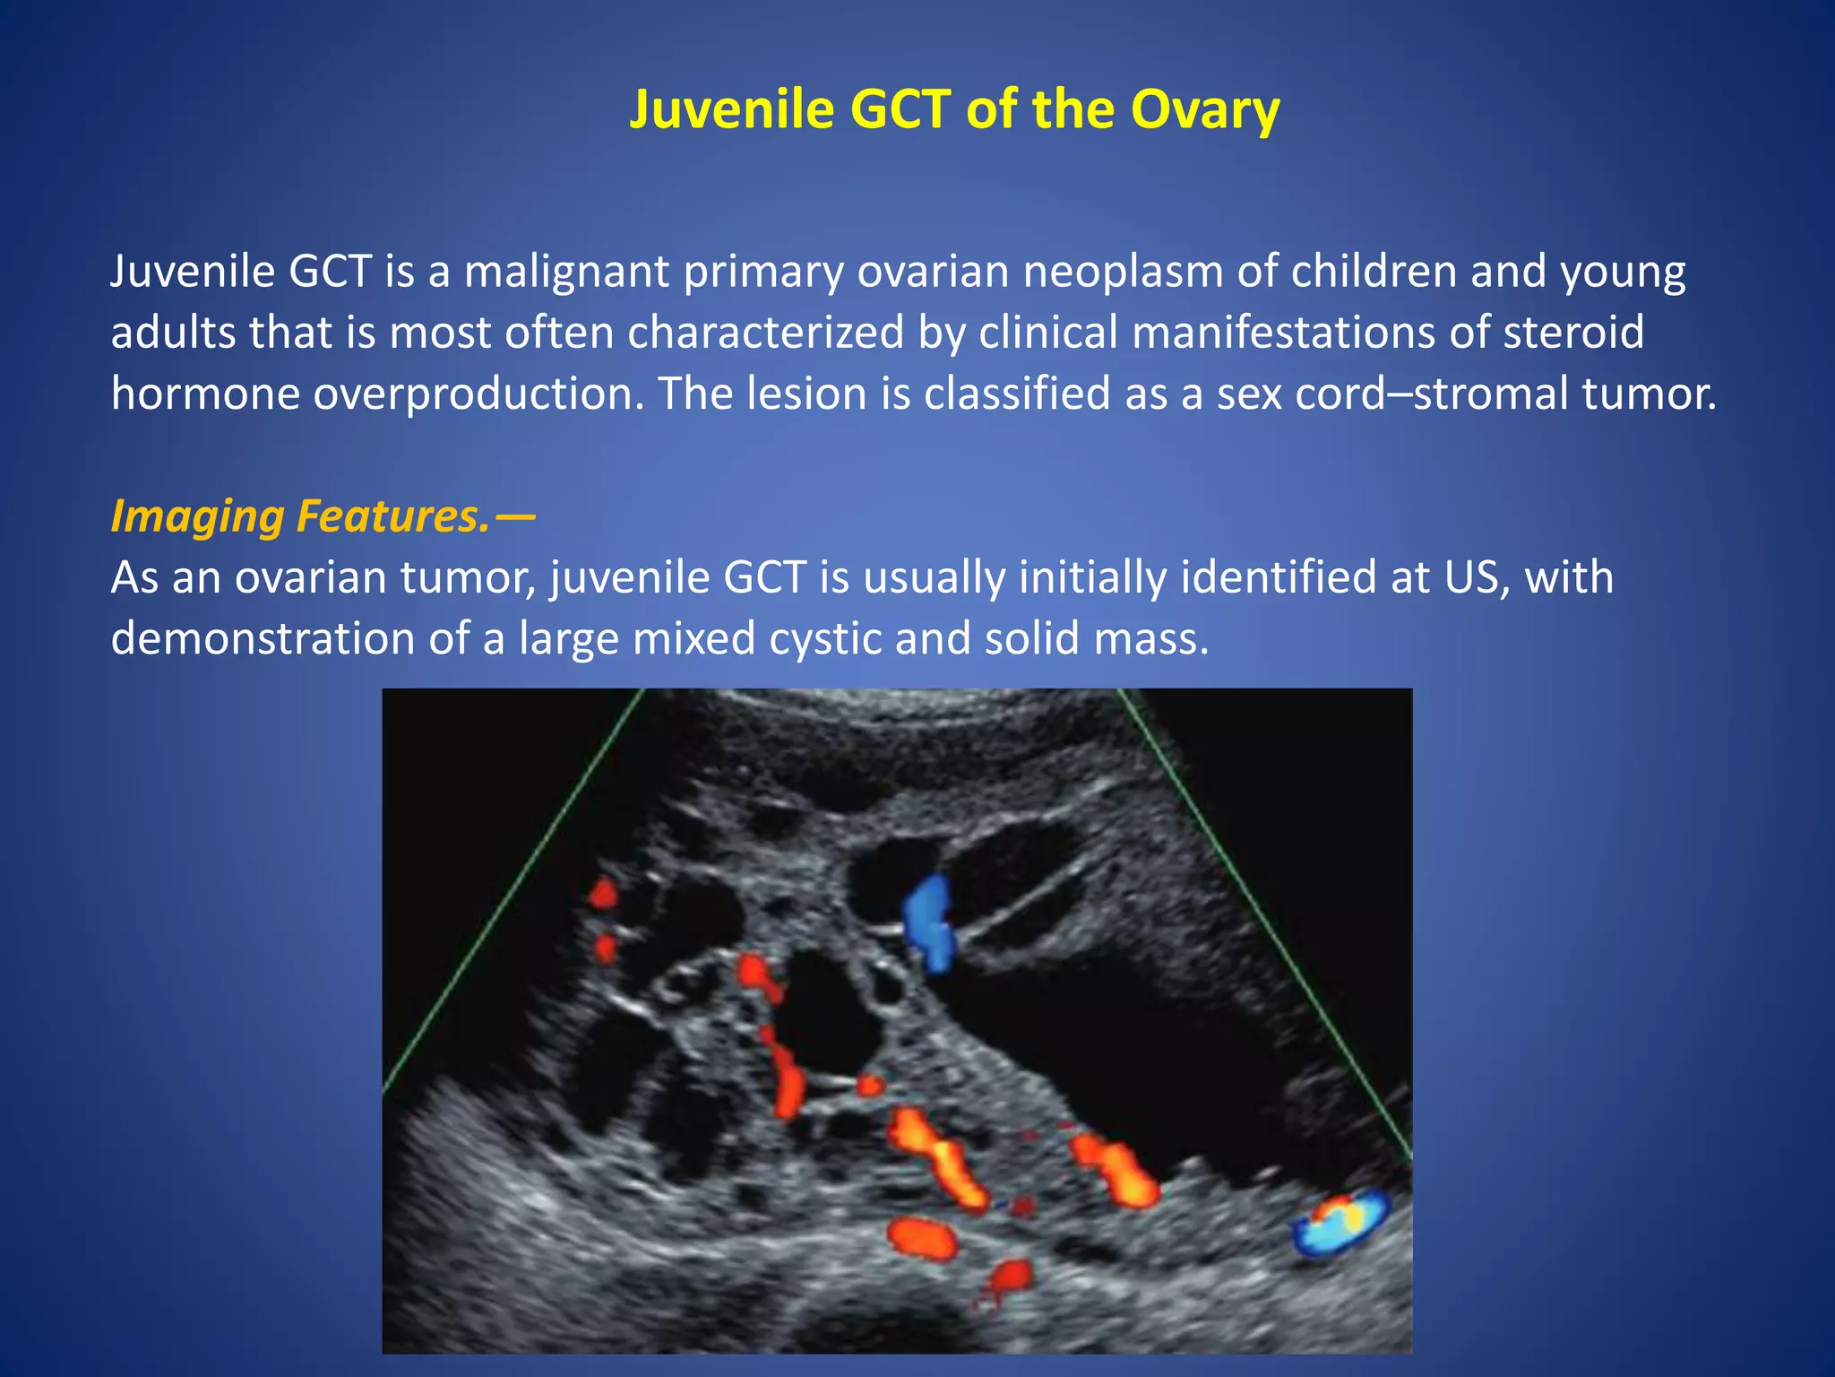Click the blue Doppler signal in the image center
928,923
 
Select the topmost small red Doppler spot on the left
603,894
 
